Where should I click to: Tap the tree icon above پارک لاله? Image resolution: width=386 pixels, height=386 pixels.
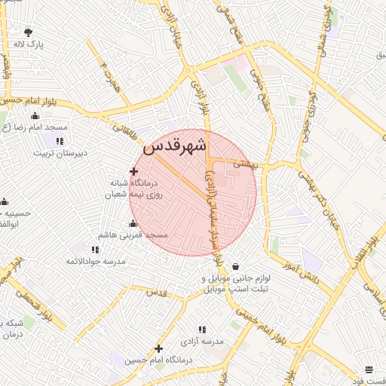(29, 32)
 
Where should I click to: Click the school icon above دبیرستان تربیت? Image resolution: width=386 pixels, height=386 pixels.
(60, 140)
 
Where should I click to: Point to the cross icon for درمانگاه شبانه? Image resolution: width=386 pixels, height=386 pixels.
(134, 172)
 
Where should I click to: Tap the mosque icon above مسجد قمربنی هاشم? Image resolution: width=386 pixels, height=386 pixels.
(133, 223)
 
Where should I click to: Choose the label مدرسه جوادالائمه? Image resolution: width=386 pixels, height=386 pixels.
(95, 261)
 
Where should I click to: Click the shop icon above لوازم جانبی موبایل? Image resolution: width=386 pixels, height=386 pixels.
(237, 266)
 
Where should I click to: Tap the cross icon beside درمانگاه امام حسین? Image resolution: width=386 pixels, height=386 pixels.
(158, 348)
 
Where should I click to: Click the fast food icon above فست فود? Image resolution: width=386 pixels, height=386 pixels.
(369, 369)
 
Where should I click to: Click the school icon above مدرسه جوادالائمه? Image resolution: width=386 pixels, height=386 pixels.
(95, 250)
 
